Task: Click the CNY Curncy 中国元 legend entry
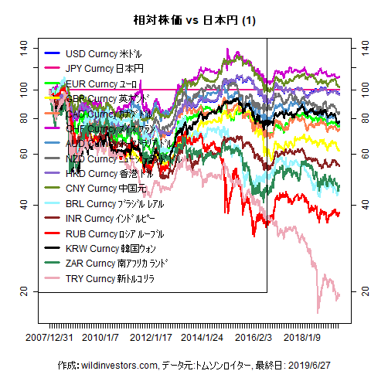tap(108, 189)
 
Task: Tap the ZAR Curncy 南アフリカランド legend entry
tap(118, 263)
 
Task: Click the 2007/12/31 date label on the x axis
tap(50, 338)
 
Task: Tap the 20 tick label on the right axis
tap(356, 291)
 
